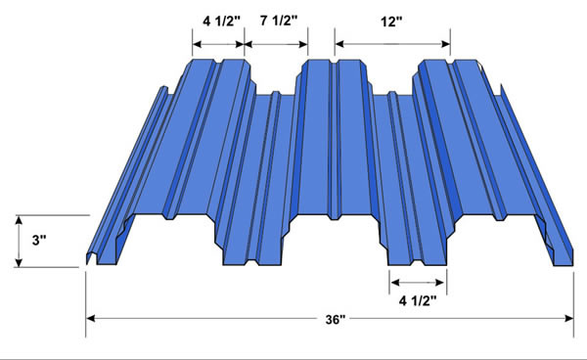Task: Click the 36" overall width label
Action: (335, 319)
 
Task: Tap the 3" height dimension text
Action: (38, 241)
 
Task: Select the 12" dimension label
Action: (390, 22)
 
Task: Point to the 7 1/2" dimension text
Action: (279, 21)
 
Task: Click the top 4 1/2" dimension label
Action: (221, 22)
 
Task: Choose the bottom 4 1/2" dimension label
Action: (418, 300)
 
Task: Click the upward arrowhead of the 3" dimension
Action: (19, 220)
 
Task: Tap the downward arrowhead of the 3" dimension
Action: (19, 263)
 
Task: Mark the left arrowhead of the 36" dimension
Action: (91, 319)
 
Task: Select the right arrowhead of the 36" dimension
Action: (569, 319)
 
